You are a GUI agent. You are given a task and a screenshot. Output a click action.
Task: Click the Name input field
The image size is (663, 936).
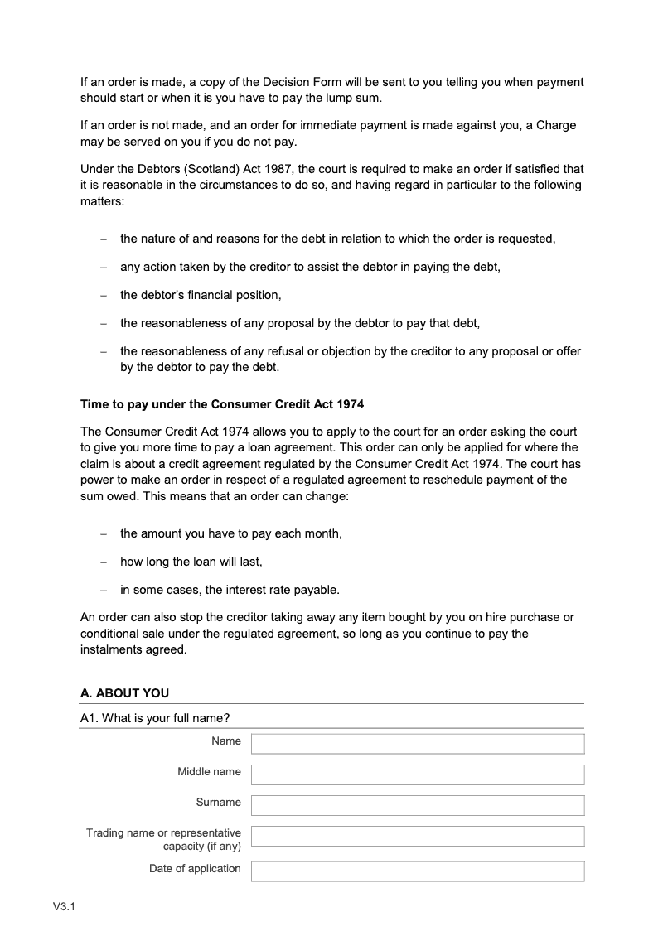[x=418, y=743]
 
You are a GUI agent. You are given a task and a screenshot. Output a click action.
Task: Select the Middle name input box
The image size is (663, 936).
[x=418, y=774]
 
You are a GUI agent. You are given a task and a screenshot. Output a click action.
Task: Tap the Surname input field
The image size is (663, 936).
[x=418, y=804]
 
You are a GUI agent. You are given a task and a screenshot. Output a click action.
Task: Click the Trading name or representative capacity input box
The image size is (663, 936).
[x=418, y=835]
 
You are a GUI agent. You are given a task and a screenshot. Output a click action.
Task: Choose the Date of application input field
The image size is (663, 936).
[x=418, y=871]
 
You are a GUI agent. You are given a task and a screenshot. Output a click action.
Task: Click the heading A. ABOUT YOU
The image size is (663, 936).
[x=124, y=692]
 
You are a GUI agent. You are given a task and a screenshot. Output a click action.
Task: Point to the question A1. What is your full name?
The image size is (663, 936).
[x=155, y=718]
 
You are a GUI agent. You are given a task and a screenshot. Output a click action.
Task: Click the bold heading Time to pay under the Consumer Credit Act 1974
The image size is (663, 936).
[x=222, y=405]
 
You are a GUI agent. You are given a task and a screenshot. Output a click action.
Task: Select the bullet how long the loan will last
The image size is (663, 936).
[x=191, y=562]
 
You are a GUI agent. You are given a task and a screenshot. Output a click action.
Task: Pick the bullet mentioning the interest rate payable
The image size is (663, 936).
[x=230, y=590]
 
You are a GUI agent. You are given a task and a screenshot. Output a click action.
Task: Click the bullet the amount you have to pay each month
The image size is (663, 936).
[x=230, y=533]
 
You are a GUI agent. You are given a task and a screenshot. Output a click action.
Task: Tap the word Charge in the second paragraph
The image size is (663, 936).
[x=556, y=126]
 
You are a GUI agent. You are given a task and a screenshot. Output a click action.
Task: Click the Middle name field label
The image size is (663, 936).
[x=209, y=771]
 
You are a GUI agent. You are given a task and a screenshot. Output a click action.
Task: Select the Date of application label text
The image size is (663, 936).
[x=195, y=868]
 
